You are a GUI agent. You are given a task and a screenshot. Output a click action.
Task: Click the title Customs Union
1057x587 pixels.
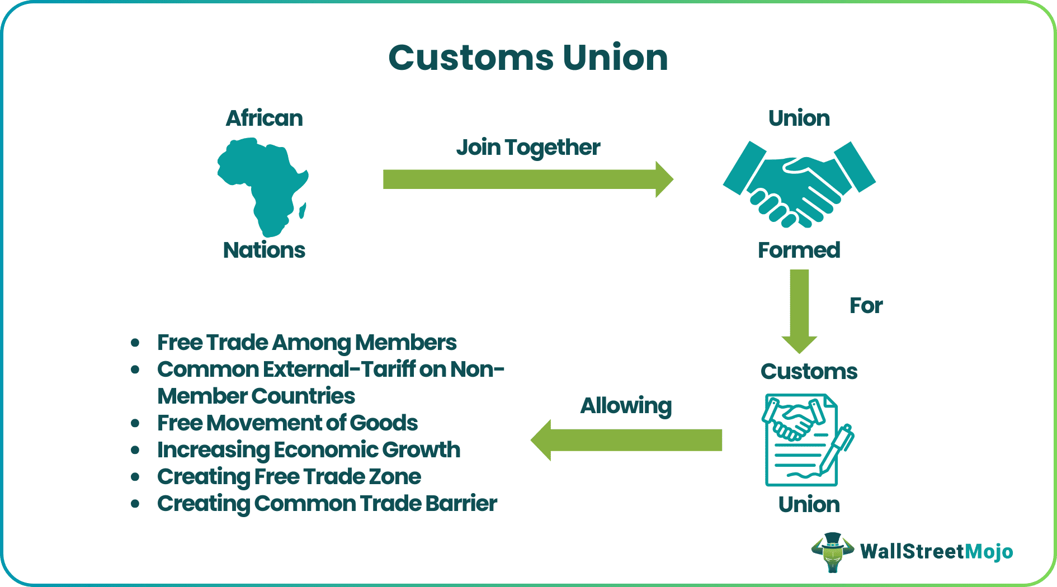[528, 58]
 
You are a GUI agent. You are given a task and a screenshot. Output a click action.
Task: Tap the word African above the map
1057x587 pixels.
[264, 119]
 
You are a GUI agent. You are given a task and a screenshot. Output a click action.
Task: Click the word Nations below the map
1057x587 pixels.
[264, 250]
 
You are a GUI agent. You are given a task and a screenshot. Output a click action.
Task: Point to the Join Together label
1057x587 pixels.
[528, 148]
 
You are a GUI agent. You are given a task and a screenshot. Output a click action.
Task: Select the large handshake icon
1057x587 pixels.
[799, 184]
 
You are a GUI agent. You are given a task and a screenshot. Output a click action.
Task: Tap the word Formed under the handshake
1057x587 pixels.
[799, 250]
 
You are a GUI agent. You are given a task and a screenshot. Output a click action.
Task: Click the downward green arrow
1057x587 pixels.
[799, 310]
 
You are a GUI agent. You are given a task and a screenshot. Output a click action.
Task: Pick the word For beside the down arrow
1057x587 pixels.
[866, 306]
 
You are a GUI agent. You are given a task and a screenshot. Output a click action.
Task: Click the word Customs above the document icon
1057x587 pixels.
[809, 372]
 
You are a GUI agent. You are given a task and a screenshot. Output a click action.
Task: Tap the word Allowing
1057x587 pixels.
[626, 406]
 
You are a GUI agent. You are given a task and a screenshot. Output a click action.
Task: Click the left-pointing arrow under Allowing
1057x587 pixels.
[626, 440]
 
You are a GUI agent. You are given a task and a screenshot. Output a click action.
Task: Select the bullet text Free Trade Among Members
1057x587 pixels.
[306, 343]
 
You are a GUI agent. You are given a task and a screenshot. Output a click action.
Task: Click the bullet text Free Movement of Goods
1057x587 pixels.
[287, 423]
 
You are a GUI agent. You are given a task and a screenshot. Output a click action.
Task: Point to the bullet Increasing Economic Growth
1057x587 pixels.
[309, 450]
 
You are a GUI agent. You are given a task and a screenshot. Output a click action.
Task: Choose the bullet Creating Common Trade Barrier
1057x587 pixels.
[327, 504]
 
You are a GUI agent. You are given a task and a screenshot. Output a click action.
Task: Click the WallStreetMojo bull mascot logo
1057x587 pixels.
[833, 552]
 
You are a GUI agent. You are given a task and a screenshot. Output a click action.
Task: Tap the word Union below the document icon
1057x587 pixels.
[809, 505]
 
